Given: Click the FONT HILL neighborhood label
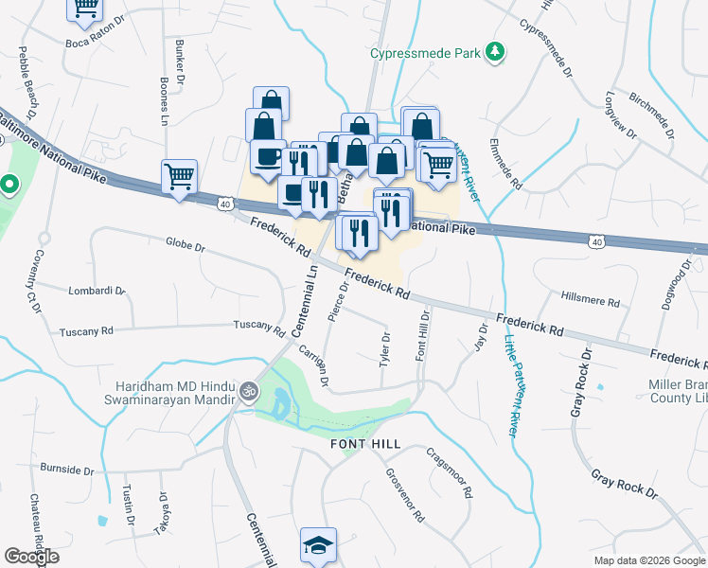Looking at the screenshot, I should coord(364,443).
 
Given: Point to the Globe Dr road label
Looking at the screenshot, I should coord(185,245).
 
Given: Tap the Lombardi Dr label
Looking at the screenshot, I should coord(97,291).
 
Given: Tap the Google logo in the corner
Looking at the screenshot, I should coord(31,557).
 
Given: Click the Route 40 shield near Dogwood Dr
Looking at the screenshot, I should coord(595,242).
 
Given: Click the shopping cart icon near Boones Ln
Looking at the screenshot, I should coord(179,175).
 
